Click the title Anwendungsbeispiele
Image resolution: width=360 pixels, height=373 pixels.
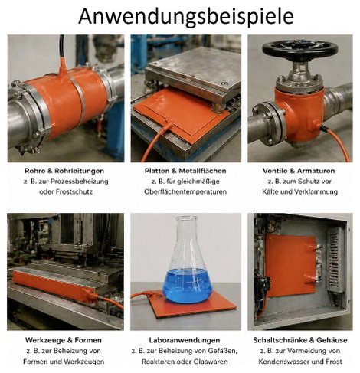pos(186,17)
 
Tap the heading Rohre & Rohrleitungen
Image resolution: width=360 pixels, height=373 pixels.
pos(64,171)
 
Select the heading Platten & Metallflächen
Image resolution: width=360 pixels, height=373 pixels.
pos(185,171)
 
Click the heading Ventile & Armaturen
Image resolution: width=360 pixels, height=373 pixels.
pos(299,171)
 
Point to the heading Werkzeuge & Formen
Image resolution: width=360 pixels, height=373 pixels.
pos(64,340)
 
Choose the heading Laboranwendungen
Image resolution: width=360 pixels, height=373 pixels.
pos(185,340)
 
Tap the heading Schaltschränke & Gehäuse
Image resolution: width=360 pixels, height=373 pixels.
pos(300,340)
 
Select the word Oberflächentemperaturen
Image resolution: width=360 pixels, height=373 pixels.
pos(185,191)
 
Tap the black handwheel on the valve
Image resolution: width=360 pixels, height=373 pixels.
pos(300,48)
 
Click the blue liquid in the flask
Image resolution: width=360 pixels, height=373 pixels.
pos(188,286)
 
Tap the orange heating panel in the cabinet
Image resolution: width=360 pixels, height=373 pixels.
pos(291,266)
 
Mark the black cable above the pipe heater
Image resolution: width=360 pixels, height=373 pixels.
pos(61,47)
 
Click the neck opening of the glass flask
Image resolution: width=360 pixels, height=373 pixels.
pos(186,218)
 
